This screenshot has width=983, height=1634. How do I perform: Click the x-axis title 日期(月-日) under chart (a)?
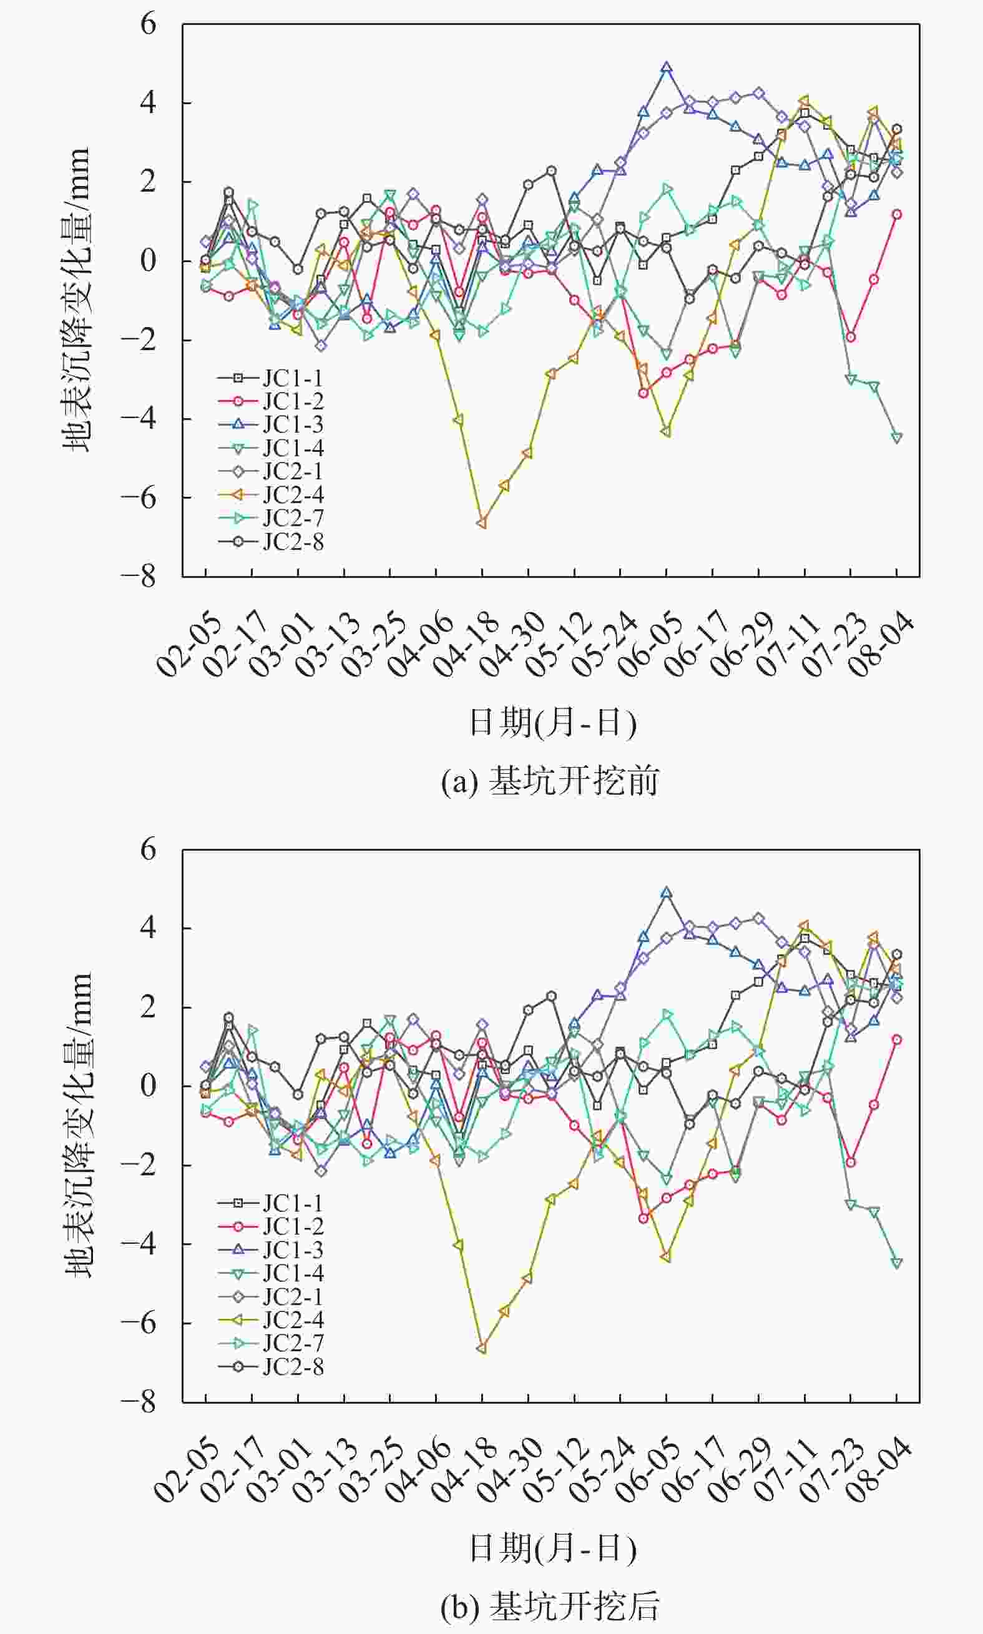[x=552, y=722]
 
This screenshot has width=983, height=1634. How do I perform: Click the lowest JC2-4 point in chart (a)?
[x=482, y=523]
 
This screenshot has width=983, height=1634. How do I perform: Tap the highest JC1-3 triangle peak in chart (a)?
[x=667, y=67]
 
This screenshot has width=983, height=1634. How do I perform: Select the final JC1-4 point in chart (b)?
[x=897, y=1263]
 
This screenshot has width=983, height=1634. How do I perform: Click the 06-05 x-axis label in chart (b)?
[x=649, y=1469]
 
